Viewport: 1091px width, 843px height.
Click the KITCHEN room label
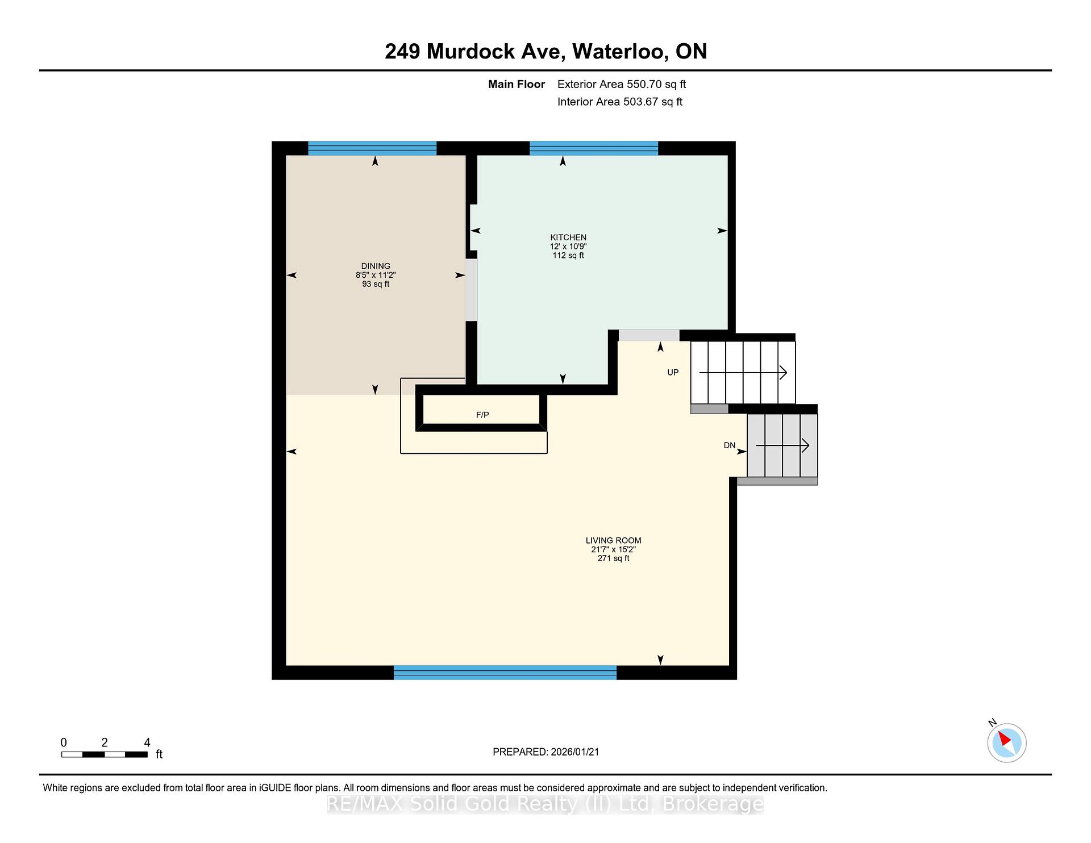point(568,237)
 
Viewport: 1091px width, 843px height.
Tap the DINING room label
point(376,266)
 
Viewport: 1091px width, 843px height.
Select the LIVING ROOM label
point(613,540)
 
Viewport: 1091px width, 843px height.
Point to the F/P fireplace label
point(482,415)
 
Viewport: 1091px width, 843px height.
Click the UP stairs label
point(673,373)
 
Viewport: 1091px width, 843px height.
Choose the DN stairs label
point(730,445)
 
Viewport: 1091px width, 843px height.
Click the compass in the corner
point(1006,742)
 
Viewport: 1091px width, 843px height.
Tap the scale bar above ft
point(105,754)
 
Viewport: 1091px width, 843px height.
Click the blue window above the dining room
point(372,148)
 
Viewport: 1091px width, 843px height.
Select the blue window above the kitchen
point(594,148)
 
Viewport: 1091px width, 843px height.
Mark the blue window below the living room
point(505,673)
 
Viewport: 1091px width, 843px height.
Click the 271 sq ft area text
point(613,558)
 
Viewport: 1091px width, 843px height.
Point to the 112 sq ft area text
point(568,256)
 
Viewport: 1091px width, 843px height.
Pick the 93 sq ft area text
point(376,284)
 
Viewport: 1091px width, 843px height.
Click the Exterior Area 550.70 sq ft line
point(622,84)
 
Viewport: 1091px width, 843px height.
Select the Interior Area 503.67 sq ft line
point(620,102)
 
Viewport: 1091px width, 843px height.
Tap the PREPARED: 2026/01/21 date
point(546,752)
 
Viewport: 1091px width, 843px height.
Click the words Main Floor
point(517,84)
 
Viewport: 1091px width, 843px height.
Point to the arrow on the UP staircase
point(743,373)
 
